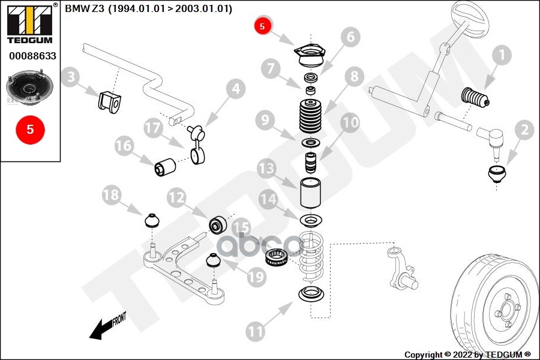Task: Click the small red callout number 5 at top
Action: (x=262, y=26)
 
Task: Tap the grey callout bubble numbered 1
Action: (x=501, y=56)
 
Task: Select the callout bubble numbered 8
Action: (x=354, y=76)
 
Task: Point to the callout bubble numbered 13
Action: (x=268, y=169)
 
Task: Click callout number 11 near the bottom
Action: (x=256, y=330)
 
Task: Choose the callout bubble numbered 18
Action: (x=111, y=196)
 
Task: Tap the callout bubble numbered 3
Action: (x=71, y=77)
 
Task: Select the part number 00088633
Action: (x=32, y=56)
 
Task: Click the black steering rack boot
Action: (x=475, y=98)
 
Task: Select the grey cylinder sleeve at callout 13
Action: (x=311, y=192)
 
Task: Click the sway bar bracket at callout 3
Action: (x=109, y=102)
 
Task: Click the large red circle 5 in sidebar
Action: (x=29, y=129)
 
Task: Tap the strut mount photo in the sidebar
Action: (x=29, y=89)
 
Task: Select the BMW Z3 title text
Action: (x=148, y=9)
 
